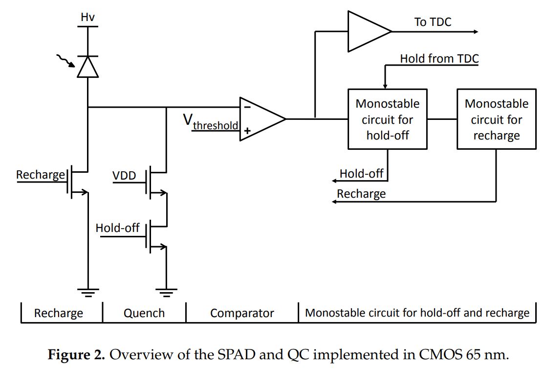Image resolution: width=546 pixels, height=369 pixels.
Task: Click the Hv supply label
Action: coord(87,18)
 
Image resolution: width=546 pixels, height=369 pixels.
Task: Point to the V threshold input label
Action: coord(211,122)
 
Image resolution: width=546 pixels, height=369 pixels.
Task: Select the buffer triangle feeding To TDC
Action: coord(367,31)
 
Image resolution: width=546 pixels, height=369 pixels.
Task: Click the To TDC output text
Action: coord(433,22)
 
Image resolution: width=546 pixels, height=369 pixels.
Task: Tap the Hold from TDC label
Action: coord(439,59)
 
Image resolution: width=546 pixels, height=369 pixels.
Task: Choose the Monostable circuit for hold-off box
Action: coord(387,119)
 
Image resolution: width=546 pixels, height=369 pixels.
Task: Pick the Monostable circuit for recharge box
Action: coord(496,119)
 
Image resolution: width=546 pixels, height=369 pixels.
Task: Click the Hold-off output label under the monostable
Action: coord(361,174)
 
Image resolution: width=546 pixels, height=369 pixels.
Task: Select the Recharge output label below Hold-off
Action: coord(361,194)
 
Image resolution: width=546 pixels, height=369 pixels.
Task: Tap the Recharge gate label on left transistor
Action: coord(40,175)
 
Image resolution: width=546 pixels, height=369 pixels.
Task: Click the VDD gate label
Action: coord(124,175)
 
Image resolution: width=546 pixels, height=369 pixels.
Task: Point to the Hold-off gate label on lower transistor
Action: coord(117,228)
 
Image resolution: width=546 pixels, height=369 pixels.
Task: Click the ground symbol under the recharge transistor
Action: coord(88,292)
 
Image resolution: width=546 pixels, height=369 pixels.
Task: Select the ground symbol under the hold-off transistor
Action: coord(166,292)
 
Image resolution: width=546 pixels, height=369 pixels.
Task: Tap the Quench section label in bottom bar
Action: coord(144,313)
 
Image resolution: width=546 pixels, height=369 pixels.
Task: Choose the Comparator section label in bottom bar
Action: coord(242,313)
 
